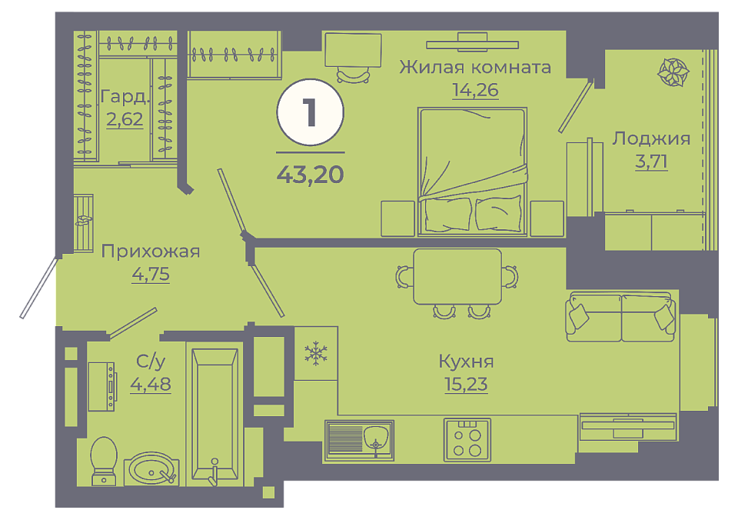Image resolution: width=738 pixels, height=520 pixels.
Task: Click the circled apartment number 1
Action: click(310, 112)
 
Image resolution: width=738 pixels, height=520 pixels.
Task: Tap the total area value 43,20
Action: click(310, 175)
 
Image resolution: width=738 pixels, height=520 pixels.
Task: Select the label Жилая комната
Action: click(475, 68)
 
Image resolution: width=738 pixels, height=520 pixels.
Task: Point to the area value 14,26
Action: click(475, 89)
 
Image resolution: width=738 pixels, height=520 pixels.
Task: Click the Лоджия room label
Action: click(651, 139)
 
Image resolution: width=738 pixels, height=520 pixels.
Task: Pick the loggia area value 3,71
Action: click(651, 161)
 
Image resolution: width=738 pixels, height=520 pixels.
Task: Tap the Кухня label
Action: click(466, 362)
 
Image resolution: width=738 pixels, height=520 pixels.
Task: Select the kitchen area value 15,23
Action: click(466, 384)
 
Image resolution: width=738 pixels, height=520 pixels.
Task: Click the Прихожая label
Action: click(151, 252)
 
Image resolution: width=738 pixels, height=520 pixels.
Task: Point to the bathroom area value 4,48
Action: click(151, 384)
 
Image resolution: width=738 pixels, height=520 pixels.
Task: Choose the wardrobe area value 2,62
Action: click(125, 119)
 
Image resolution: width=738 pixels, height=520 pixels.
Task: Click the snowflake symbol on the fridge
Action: click(316, 354)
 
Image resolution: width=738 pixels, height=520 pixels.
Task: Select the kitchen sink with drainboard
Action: click(359, 441)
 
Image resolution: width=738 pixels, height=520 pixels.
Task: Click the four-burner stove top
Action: click(467, 440)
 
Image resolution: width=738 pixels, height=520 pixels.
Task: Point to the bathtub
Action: click(214, 415)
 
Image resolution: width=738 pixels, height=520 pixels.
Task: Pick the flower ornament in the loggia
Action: click(673, 72)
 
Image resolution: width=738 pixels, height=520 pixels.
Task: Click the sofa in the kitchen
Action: click(621, 316)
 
